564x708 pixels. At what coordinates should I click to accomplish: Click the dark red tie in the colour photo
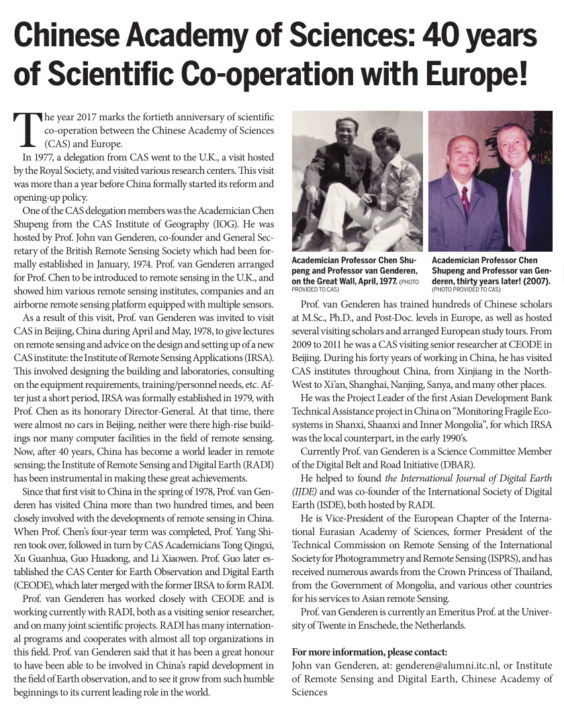[x=464, y=199]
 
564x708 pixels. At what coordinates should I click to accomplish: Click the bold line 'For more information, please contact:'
[x=371, y=652]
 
